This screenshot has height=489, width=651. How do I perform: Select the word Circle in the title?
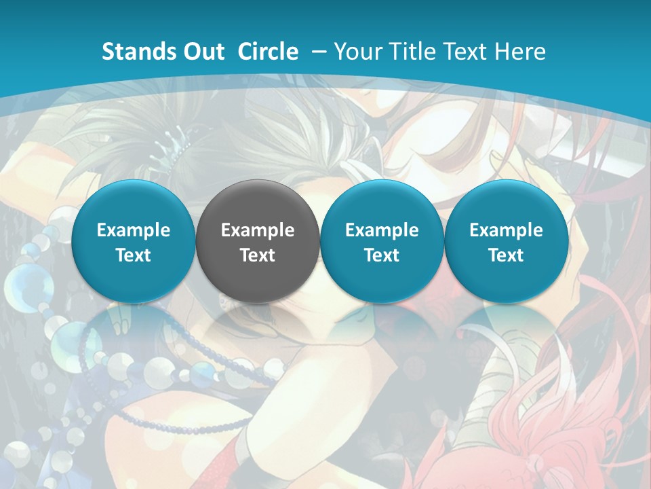click(268, 52)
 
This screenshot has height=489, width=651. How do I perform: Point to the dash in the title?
click(319, 52)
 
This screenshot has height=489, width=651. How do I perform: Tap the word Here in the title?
click(522, 52)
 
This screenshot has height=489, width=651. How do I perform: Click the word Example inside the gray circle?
click(258, 230)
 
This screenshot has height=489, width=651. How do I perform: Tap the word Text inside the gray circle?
click(258, 255)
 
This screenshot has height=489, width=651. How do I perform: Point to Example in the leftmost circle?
click(133, 230)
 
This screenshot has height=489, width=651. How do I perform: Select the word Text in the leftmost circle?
click(133, 255)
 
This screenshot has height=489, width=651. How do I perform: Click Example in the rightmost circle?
click(506, 230)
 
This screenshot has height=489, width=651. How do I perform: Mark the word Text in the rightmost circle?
click(506, 255)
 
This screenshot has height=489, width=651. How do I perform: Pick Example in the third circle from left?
click(382, 230)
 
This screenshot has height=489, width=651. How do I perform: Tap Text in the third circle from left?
click(382, 255)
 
